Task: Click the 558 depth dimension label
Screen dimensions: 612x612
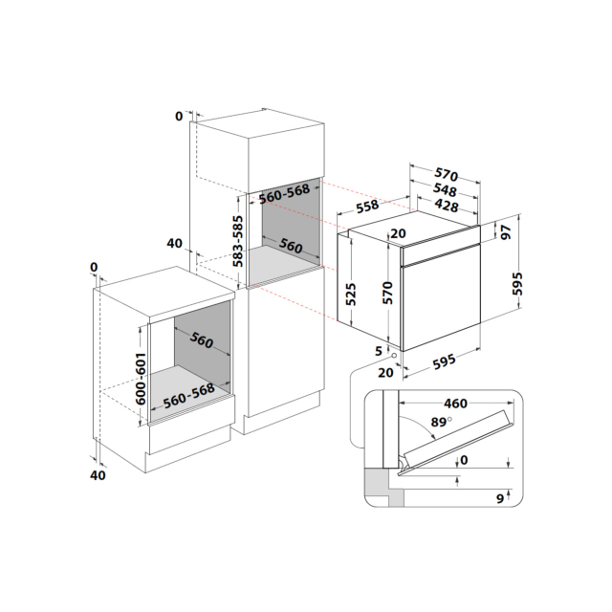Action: [x=367, y=207]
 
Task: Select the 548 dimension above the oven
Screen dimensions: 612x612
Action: [x=445, y=190]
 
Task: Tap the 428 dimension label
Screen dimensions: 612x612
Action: [x=447, y=206]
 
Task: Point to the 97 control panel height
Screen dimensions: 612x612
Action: [x=506, y=232]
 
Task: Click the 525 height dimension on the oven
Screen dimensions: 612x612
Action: [x=351, y=295]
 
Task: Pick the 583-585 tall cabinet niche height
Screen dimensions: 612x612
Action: [x=238, y=241]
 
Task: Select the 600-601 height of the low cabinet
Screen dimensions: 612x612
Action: [x=141, y=379]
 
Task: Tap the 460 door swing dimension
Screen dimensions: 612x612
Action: [x=455, y=404]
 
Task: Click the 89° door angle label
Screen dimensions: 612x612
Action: [x=442, y=422]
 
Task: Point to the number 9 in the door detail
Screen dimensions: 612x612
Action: [x=500, y=498]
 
